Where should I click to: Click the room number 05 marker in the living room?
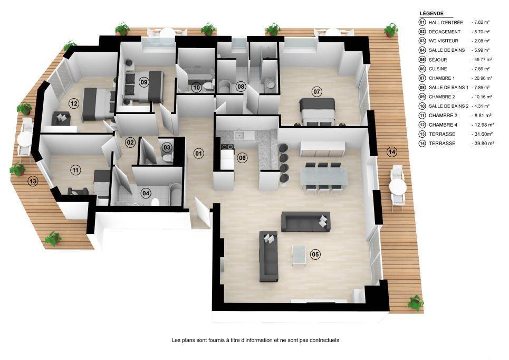pos(315,254)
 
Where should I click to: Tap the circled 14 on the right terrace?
pos(392,151)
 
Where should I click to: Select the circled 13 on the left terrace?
pos(33,181)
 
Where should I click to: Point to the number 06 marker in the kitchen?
pos(242,158)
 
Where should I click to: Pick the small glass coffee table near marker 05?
pos(299,254)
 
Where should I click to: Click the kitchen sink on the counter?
pos(240,136)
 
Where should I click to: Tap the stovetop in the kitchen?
pos(227,147)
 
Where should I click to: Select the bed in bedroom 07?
pos(318,111)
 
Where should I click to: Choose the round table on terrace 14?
pos(398,187)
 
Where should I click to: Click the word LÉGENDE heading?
pos(431,13)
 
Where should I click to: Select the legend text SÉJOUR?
pos(438,60)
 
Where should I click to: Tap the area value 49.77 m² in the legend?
pos(483,60)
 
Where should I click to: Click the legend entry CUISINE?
pos(438,69)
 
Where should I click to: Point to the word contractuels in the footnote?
pos(324,340)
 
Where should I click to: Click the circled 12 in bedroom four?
pos(74,103)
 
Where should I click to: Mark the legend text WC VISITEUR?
pos(444,41)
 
